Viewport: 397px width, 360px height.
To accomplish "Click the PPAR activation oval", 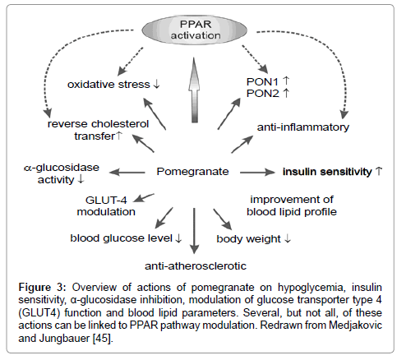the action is tap(194, 30).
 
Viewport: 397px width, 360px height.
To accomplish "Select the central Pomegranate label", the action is tap(192, 172).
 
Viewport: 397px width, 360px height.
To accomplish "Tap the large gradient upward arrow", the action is tap(194, 90).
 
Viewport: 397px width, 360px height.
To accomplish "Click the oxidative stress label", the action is tap(108, 85).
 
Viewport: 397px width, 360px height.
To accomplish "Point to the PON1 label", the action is tap(262, 81).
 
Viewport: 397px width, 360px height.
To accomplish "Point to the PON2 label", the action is tap(262, 94).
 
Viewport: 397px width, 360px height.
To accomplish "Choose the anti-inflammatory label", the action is tap(303, 127).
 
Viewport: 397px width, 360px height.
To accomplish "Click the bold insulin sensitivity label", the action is tap(327, 172).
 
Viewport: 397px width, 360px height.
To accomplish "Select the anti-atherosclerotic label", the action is tap(196, 265).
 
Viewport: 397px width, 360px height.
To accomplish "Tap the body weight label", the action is tap(248, 239).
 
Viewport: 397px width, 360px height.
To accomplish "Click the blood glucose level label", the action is tap(122, 238).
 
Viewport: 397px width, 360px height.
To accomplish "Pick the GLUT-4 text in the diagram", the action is tap(106, 200).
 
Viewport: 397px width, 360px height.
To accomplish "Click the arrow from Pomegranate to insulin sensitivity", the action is tap(257, 173).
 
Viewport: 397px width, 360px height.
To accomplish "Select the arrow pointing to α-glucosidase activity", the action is tap(127, 173).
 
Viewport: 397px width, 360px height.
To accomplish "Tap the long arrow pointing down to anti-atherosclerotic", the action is tap(194, 231).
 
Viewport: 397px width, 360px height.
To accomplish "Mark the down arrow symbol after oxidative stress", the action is tap(156, 84).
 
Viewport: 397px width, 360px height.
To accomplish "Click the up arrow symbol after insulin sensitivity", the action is tap(379, 172).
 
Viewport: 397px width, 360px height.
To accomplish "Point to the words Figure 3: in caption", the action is tap(42, 288).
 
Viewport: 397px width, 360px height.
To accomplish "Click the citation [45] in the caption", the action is tap(103, 338).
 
